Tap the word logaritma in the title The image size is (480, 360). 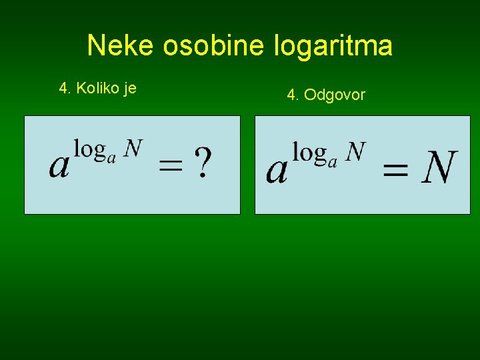333,46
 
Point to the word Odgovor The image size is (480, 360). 335,95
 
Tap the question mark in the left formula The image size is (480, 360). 203,163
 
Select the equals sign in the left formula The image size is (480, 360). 171,167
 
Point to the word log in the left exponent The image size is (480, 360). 90,148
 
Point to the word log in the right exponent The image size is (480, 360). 309,153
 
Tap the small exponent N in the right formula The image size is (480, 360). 355,152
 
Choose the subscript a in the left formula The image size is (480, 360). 112,157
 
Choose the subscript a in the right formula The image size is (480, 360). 331,161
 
